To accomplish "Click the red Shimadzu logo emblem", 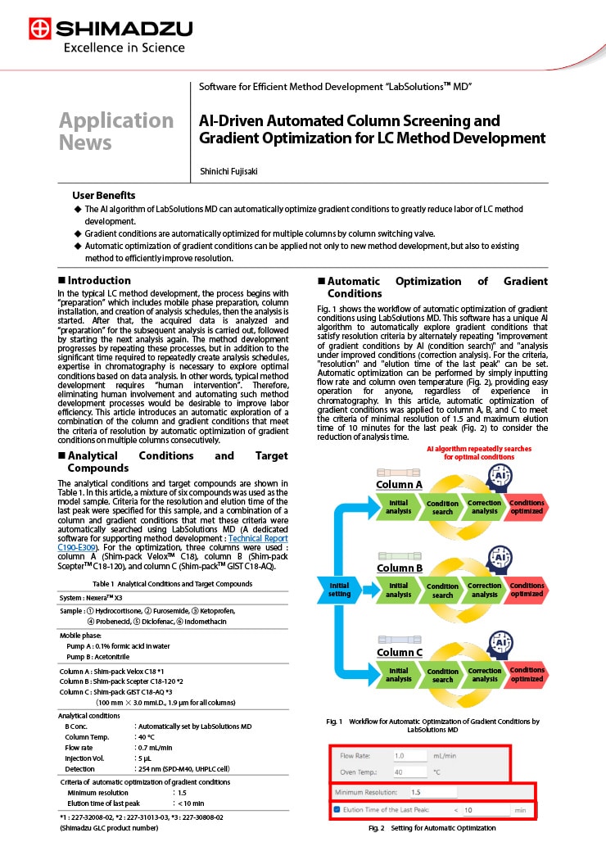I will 38,29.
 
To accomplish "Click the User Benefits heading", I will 104,195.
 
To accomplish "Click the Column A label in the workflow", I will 399,484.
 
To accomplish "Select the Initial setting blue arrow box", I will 339,590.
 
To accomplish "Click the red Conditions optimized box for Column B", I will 527,590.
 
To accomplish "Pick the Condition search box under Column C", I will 442,675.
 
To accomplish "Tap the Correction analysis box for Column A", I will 484,507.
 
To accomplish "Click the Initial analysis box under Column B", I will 399,590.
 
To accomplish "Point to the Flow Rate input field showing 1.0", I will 410,755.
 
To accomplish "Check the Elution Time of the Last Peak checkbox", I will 337,810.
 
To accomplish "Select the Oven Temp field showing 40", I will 410,772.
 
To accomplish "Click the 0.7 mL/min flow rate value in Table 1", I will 156,747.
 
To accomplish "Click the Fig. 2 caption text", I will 432,828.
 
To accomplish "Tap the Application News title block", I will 116,131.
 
